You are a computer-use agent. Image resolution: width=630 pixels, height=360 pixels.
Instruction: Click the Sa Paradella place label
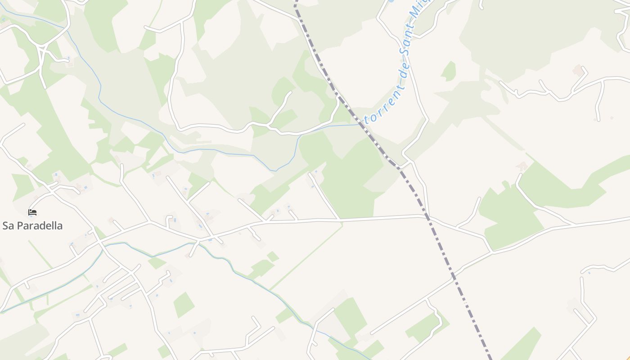point(32,225)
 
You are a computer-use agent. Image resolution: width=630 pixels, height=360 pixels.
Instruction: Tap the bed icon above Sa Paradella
point(32,212)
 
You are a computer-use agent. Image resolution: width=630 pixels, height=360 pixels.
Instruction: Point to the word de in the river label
point(404,75)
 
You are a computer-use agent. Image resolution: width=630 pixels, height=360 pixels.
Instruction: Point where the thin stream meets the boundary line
point(360,124)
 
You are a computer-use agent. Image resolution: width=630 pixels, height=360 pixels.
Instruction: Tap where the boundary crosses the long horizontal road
point(427,218)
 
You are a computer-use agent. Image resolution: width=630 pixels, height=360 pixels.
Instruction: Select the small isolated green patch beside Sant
point(449,71)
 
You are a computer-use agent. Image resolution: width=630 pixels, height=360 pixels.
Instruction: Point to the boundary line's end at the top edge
point(296,2)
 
